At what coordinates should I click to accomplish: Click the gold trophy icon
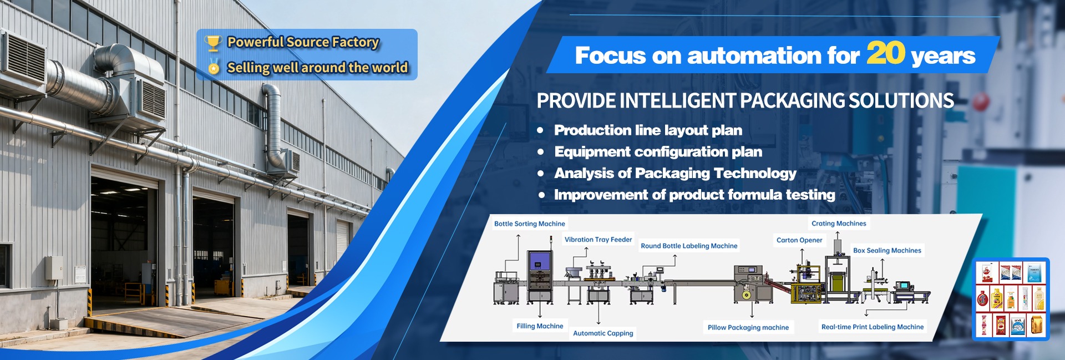213,43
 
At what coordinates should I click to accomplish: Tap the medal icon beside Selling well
214,67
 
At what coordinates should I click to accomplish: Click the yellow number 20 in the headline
886,53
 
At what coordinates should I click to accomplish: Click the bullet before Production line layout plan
540,130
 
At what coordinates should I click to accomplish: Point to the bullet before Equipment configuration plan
540,152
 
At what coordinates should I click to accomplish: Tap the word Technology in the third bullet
755,174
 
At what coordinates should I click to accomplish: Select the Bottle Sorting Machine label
530,224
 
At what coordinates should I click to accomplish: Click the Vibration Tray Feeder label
599,240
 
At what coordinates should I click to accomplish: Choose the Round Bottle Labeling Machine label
689,246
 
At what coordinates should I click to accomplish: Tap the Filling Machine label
540,326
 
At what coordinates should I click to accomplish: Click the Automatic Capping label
603,333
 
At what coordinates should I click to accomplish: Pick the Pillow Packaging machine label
748,327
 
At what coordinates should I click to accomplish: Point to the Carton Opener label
799,240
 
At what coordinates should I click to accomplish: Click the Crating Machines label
839,224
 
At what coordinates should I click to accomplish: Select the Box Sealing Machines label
887,251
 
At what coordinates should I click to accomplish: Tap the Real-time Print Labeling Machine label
873,327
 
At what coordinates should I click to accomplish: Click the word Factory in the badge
356,42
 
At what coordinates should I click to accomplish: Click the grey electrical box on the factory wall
54,268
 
